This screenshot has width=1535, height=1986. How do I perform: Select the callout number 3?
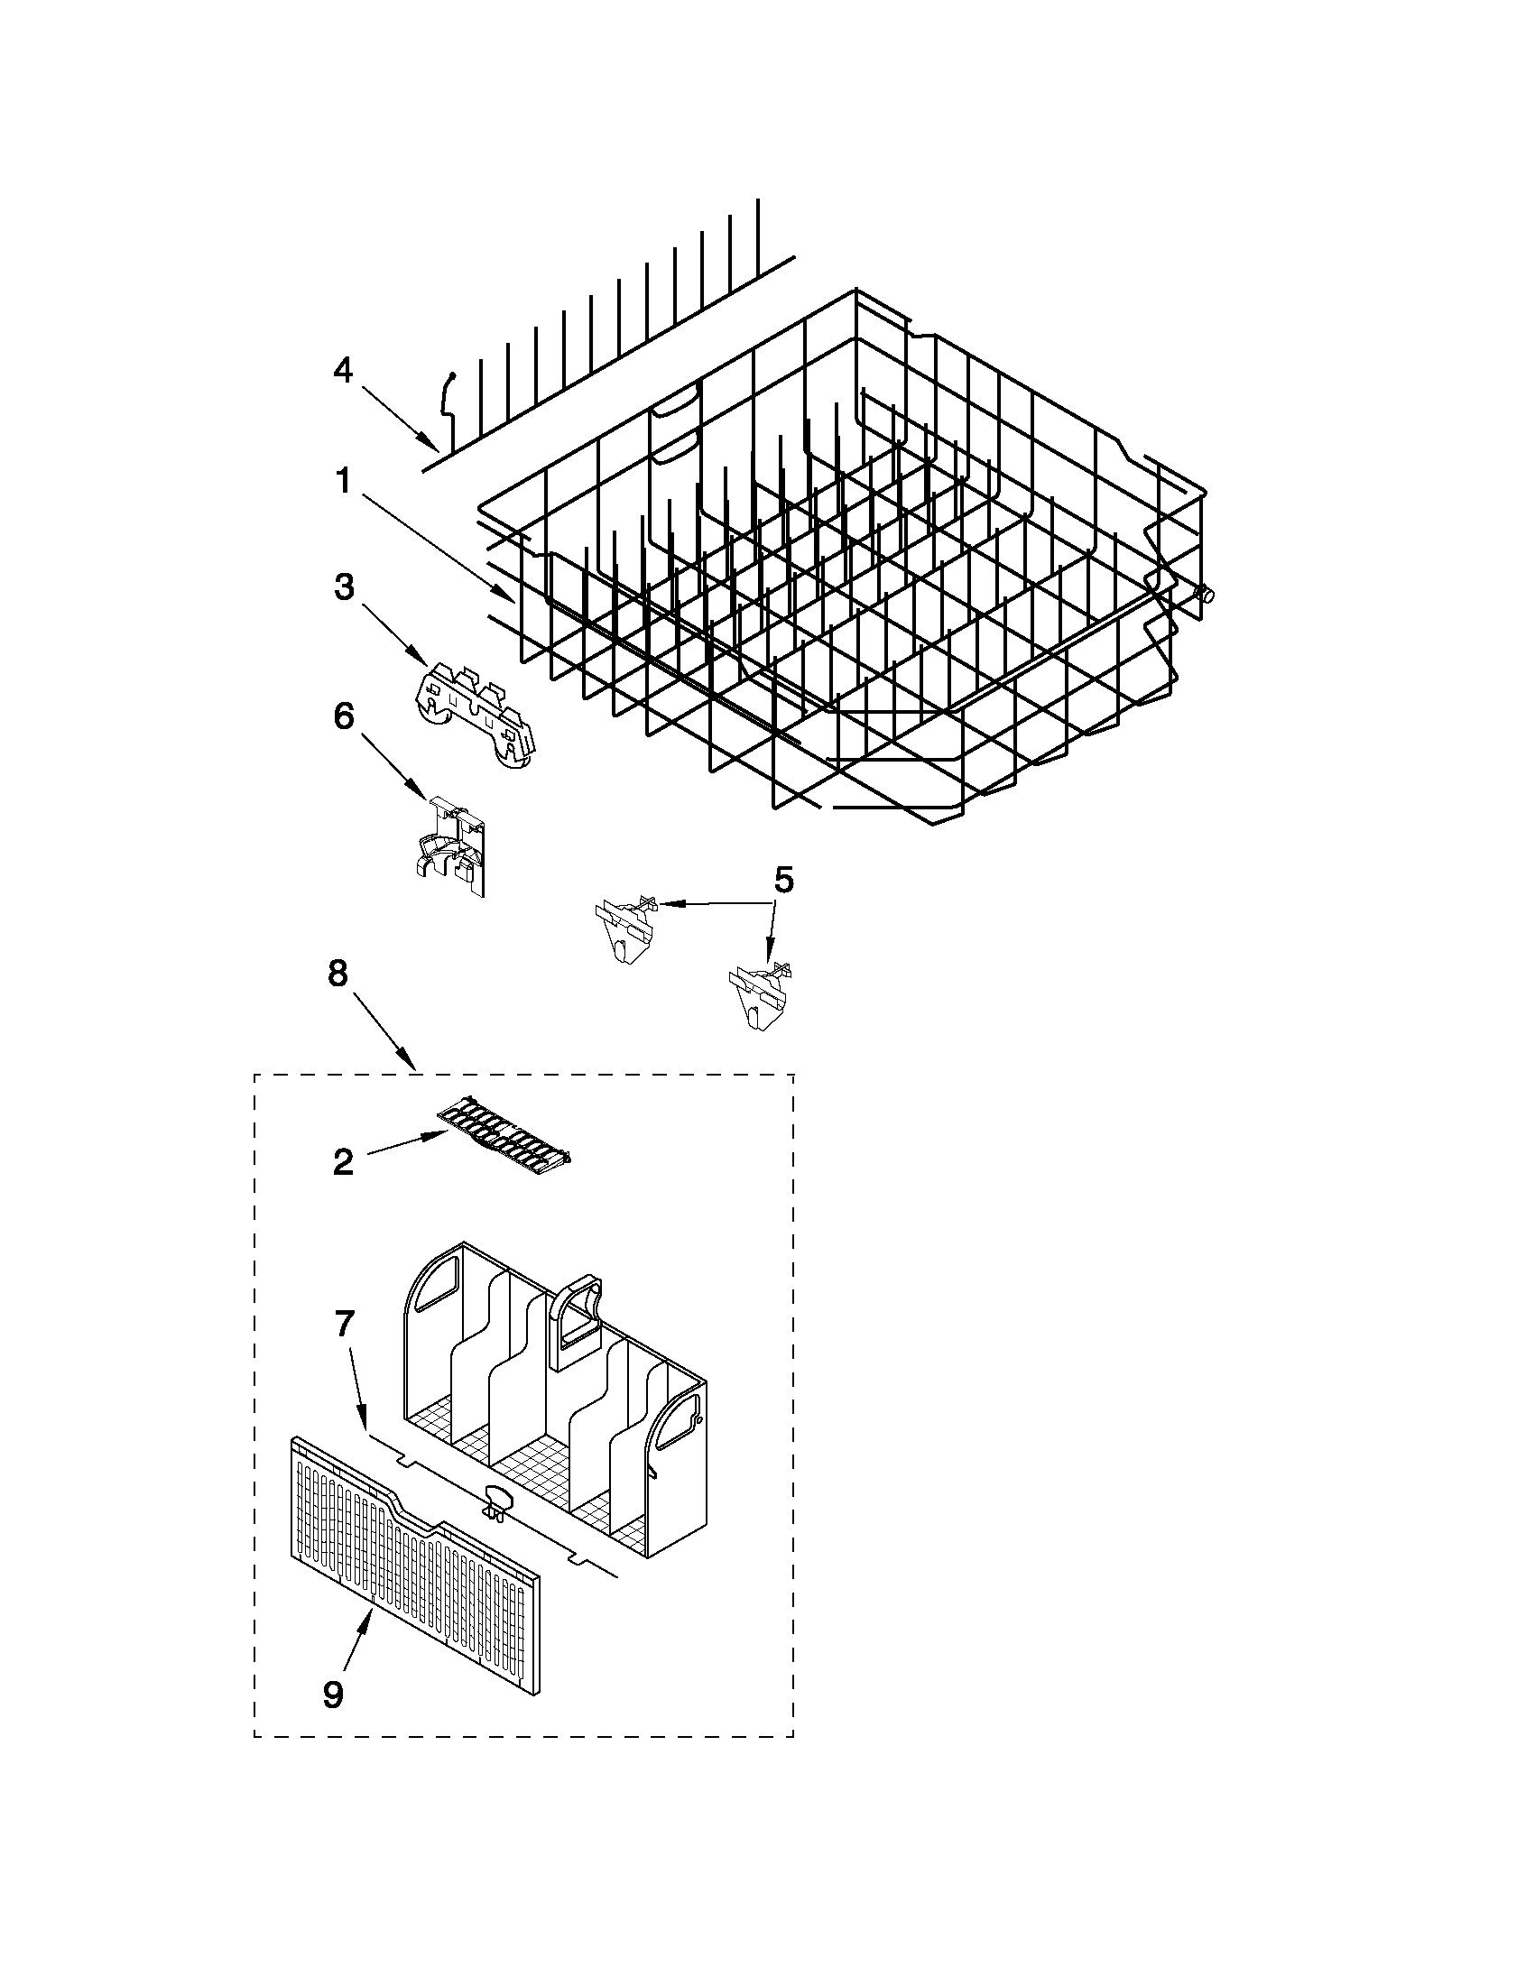[343, 587]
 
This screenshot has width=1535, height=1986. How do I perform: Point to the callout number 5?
[783, 880]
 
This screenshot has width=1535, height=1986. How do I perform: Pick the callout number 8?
[337, 974]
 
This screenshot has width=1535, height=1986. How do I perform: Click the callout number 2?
[343, 1162]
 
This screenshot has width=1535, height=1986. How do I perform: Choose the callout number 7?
[343, 1324]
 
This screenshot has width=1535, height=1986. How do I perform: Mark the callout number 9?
[333, 1693]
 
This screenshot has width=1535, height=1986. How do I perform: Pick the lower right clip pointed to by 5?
[760, 996]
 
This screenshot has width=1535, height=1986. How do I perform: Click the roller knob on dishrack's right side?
[1205, 596]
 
